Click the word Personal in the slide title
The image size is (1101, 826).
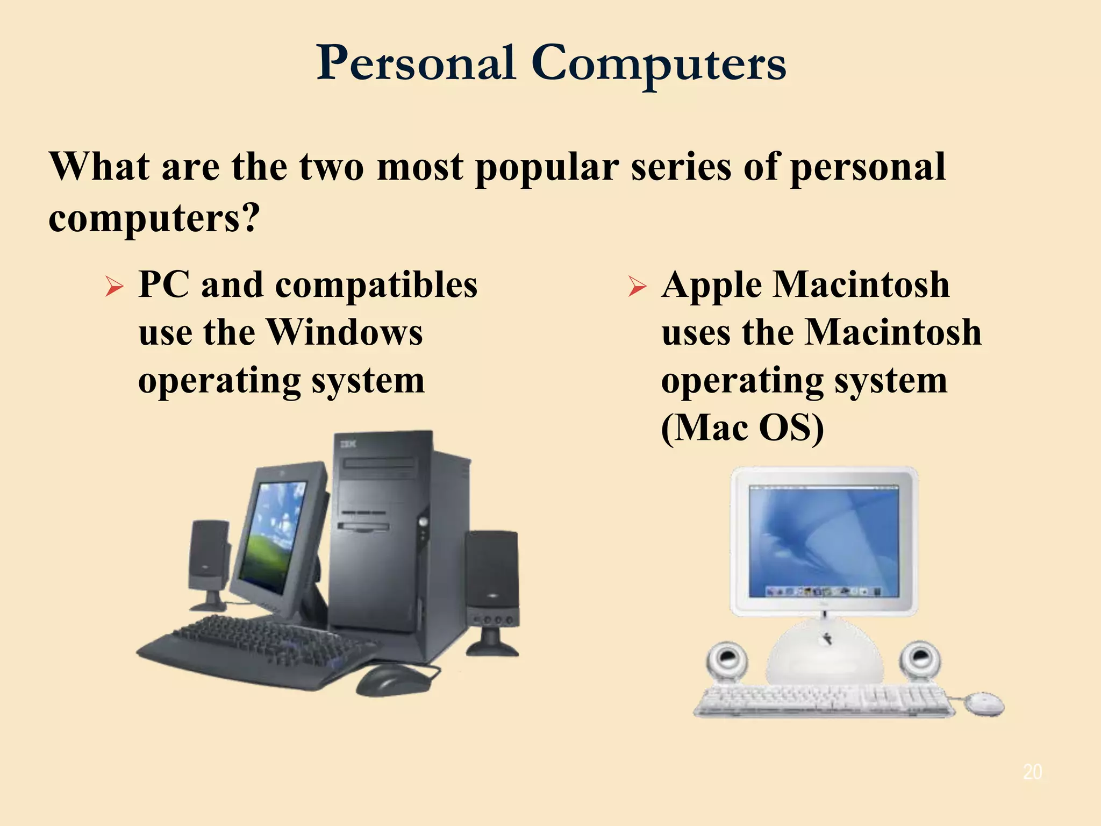tap(416, 63)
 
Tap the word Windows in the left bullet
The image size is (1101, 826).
tap(345, 332)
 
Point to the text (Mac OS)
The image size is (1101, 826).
tap(742, 428)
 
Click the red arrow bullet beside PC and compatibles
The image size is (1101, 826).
tap(114, 286)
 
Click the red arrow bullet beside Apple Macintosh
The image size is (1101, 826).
tap(637, 286)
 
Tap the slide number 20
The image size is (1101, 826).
tap(1032, 772)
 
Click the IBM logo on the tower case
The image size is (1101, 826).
tap(348, 444)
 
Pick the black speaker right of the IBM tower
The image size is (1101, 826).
tap(492, 581)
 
